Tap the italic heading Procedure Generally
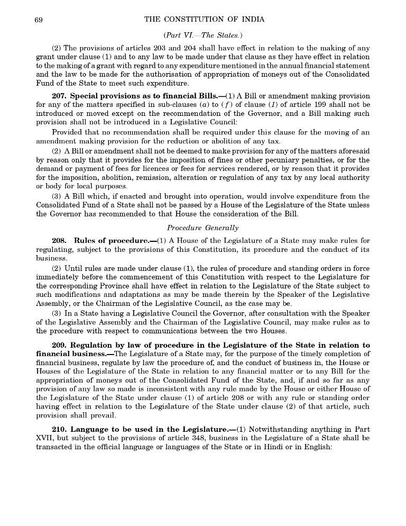[202, 228]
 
